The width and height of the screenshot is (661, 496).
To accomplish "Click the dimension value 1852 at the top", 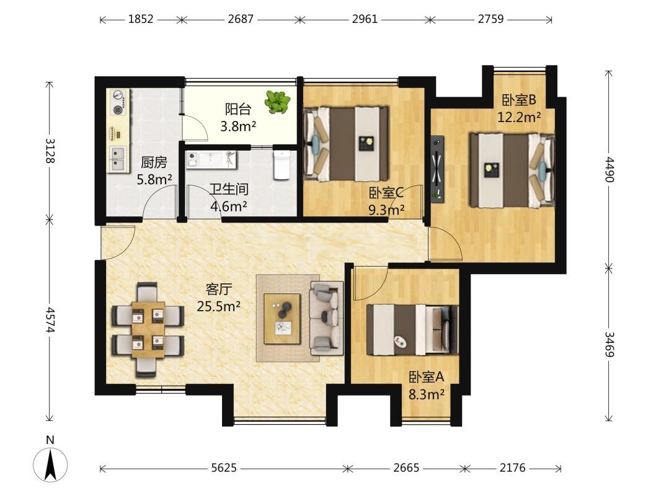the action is coord(140,19).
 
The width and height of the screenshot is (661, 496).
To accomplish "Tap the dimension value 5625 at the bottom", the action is coord(224,468).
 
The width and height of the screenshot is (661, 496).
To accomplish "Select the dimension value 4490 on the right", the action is coord(609,169).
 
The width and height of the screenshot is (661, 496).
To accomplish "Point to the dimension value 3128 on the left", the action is coord(50,151).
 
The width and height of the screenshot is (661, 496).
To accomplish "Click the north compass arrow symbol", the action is coord(50,465).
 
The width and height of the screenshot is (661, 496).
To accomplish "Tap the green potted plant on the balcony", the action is coord(277,102).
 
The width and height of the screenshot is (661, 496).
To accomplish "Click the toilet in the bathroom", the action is coord(282,165).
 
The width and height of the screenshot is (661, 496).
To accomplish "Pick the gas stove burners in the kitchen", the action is coord(118,103).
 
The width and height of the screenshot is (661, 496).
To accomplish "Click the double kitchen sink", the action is coord(118,159).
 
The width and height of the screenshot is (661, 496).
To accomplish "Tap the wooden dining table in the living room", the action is coord(148,330).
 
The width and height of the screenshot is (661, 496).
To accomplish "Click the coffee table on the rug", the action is coord(282,319).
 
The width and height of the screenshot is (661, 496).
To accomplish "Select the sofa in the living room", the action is coord(326,318).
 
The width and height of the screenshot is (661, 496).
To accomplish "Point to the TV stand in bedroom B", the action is coord(438,169).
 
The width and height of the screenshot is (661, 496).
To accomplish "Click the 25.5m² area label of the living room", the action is coord(218,306).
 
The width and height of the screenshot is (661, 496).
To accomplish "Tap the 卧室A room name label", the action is coord(426,377).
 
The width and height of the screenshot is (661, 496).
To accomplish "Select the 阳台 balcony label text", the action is coord(238,109).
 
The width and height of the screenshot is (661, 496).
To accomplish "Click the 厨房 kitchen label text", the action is coord(154,162).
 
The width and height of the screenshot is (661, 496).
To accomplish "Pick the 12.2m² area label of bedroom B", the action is coord(519,117).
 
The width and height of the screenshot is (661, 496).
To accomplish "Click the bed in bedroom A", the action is coord(412,330).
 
